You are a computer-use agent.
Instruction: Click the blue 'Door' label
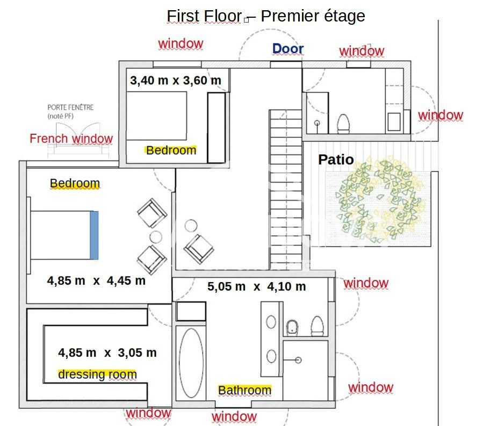point(288,49)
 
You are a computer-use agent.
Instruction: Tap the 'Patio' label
point(336,160)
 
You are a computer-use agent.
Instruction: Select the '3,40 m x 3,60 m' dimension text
point(176,81)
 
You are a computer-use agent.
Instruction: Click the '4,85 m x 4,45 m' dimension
point(96,280)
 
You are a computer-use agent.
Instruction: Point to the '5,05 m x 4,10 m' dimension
point(257,286)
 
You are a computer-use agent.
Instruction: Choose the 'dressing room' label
point(97,374)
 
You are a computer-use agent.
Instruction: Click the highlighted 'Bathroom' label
point(244,391)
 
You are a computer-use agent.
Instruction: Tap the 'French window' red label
point(71,139)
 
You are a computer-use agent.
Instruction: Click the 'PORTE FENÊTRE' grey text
point(70,107)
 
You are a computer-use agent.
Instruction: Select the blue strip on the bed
point(94,235)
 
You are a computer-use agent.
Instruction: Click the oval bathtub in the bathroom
point(191,363)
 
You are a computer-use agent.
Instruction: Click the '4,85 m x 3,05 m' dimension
point(107,353)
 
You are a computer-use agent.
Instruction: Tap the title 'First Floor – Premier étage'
point(266,16)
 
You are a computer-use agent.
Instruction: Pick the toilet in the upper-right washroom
point(343,124)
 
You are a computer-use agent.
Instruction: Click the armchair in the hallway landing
point(199,249)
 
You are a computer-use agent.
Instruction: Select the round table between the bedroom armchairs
point(156,237)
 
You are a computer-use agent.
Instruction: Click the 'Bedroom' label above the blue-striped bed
point(75,184)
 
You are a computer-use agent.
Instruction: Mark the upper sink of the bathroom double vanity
point(271,322)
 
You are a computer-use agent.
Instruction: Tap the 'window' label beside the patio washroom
point(441,115)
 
